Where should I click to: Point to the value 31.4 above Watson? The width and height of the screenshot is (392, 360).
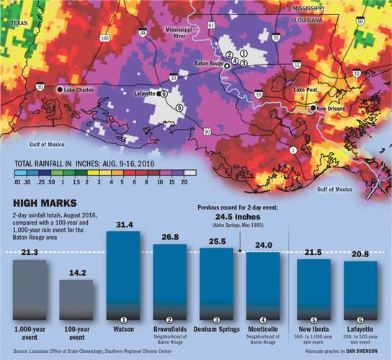coord(123,225)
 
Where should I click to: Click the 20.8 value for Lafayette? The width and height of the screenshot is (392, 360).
coord(360,254)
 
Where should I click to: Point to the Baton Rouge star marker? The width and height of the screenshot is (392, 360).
coord(226,66)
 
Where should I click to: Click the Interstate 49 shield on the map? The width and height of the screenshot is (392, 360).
coord(143,32)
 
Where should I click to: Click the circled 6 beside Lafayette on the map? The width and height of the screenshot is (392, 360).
coord(164,93)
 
